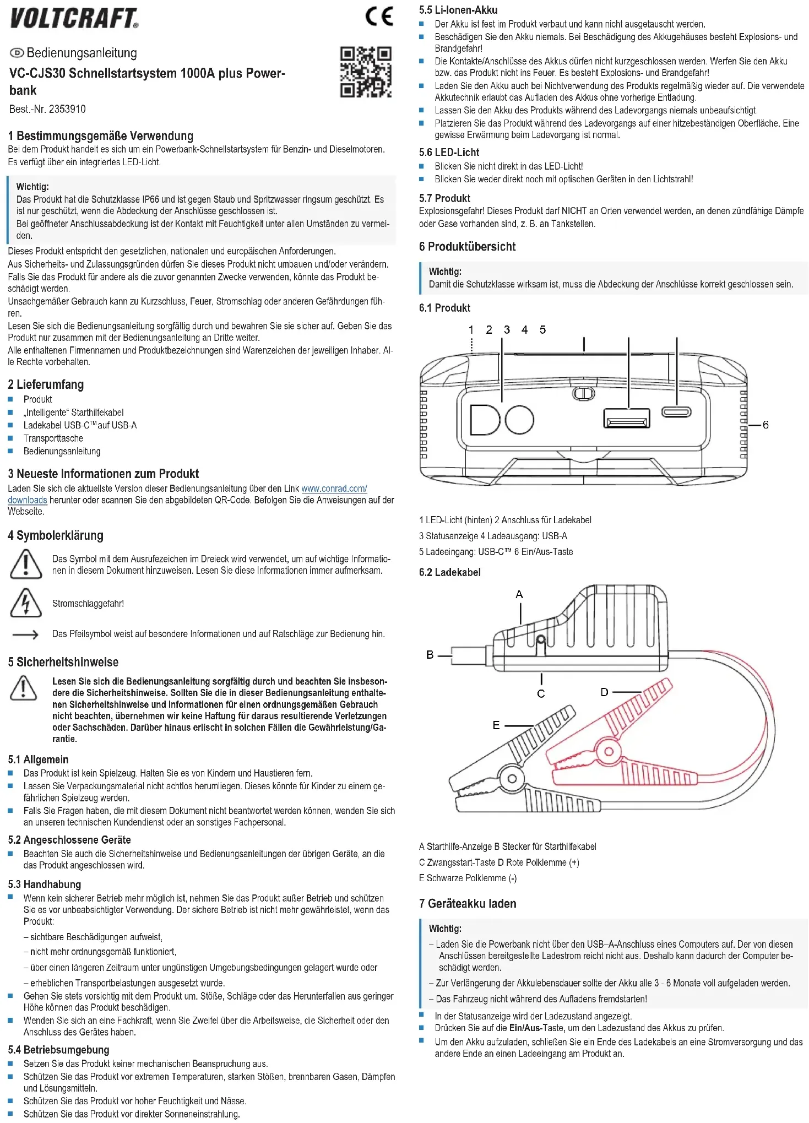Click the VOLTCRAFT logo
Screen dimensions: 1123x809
click(x=74, y=18)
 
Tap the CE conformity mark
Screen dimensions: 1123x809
click(x=379, y=16)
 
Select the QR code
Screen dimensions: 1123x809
click(x=366, y=72)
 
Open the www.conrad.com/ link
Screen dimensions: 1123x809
click(x=334, y=489)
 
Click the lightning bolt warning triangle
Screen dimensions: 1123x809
click(x=25, y=603)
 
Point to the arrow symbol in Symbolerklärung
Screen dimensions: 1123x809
click(x=25, y=634)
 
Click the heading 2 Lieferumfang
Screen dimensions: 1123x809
click(x=46, y=384)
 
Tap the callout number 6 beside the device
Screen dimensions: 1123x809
click(x=765, y=425)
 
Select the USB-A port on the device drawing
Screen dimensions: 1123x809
click(x=627, y=418)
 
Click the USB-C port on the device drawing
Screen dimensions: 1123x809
click(x=676, y=413)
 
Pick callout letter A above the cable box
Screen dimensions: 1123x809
click(x=519, y=594)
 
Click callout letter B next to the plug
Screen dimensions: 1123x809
click(x=430, y=654)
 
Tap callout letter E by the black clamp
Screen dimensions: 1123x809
click(x=496, y=725)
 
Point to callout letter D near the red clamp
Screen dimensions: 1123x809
click(x=604, y=692)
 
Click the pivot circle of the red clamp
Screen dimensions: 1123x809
click(x=609, y=751)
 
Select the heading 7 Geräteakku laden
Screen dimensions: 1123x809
click(x=468, y=903)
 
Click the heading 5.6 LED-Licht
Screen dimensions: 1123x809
click(x=449, y=153)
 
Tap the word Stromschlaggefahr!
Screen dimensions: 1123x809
click(x=88, y=604)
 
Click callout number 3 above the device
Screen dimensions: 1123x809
click(x=507, y=329)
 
